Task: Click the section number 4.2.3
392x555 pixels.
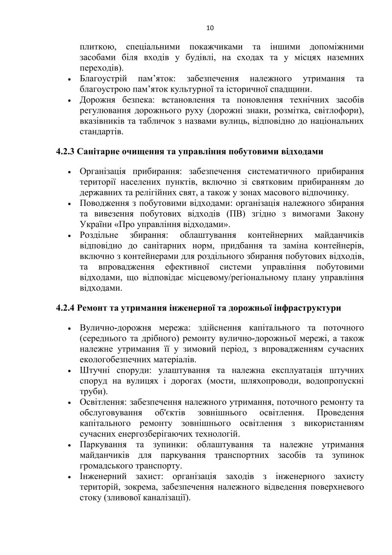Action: [x=65, y=151]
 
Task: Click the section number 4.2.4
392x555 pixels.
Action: [x=65, y=308]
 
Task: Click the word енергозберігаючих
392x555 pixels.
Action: [x=155, y=434]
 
